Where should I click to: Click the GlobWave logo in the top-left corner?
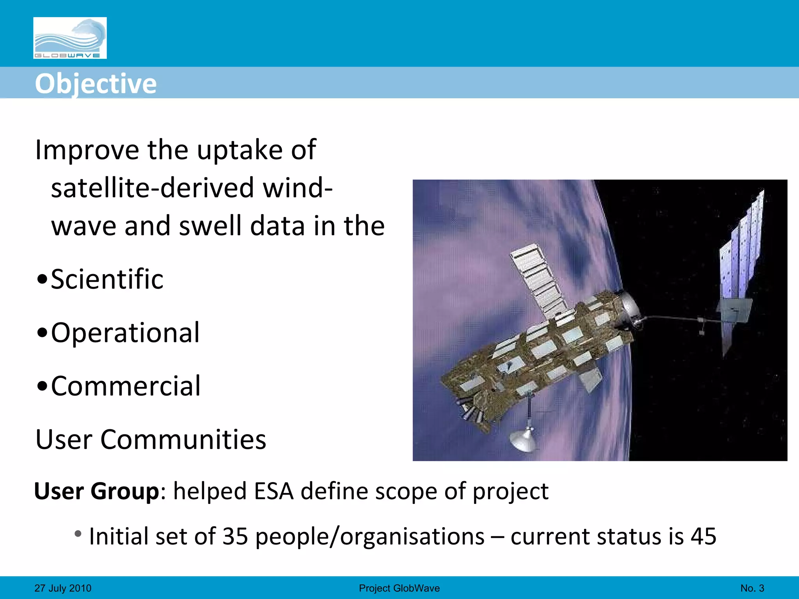click(x=70, y=38)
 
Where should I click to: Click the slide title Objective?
click(x=96, y=83)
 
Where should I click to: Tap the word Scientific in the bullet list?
click(x=107, y=279)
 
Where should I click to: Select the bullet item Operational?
click(x=125, y=333)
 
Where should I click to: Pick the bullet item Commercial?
click(x=126, y=386)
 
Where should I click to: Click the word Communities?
click(x=183, y=440)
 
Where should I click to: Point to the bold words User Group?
click(x=97, y=491)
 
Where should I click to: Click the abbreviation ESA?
click(x=273, y=491)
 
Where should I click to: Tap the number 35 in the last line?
click(x=235, y=536)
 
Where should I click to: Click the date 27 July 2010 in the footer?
click(x=63, y=588)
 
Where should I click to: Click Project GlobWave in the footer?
click(x=399, y=588)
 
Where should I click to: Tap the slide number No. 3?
click(x=752, y=588)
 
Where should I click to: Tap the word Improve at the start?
click(x=87, y=150)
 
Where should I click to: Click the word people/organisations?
click(x=370, y=536)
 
